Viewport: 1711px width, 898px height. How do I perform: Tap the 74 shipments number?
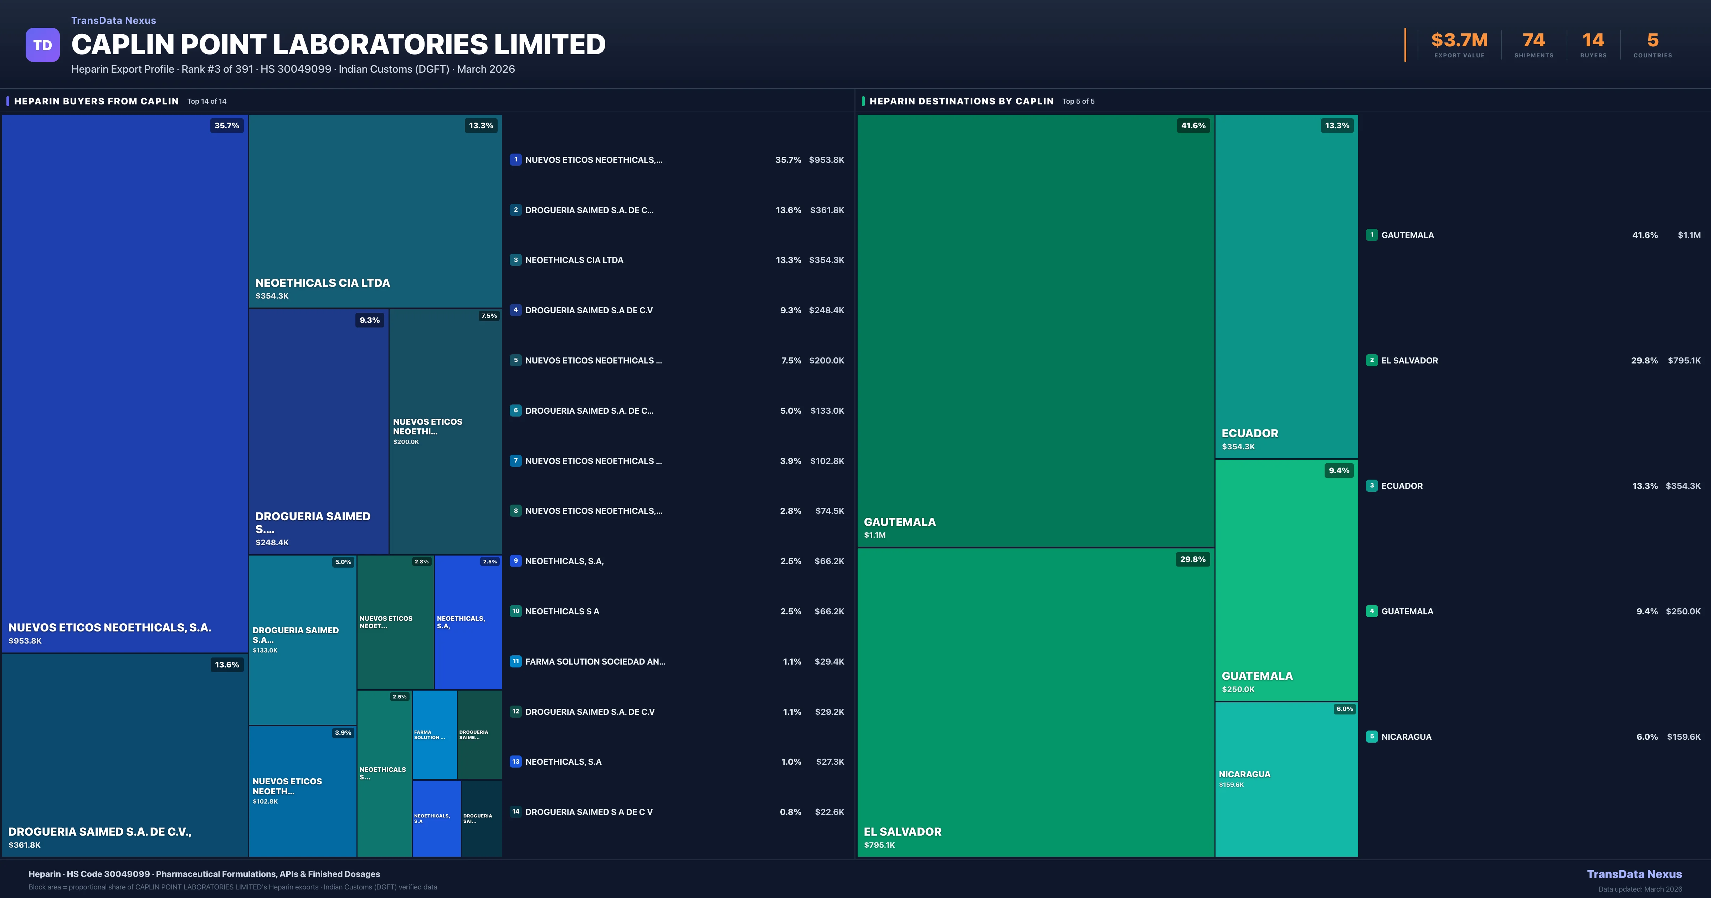pyautogui.click(x=1533, y=41)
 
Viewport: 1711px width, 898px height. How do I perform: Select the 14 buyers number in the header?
pyautogui.click(x=1593, y=41)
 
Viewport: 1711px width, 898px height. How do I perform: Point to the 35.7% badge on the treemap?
pyautogui.click(x=226, y=125)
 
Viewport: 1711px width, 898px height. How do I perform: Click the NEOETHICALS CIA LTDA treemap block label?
pyautogui.click(x=323, y=283)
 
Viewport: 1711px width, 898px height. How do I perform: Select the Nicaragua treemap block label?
pyautogui.click(x=1244, y=774)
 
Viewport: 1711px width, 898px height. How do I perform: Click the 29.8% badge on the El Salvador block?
pyautogui.click(x=1192, y=559)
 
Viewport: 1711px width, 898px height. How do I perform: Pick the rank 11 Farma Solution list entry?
pyautogui.click(x=595, y=661)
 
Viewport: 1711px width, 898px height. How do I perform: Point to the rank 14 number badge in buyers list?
pyautogui.click(x=515, y=812)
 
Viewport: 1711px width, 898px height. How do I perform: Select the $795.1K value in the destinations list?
pyautogui.click(x=1684, y=361)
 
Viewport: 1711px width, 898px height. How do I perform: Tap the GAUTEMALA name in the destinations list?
pyautogui.click(x=1407, y=235)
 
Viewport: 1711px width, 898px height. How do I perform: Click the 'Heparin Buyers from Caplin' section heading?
pyautogui.click(x=96, y=101)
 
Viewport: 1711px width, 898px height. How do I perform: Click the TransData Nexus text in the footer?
pyautogui.click(x=1634, y=874)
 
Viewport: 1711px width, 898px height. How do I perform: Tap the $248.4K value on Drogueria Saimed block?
pyautogui.click(x=272, y=543)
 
